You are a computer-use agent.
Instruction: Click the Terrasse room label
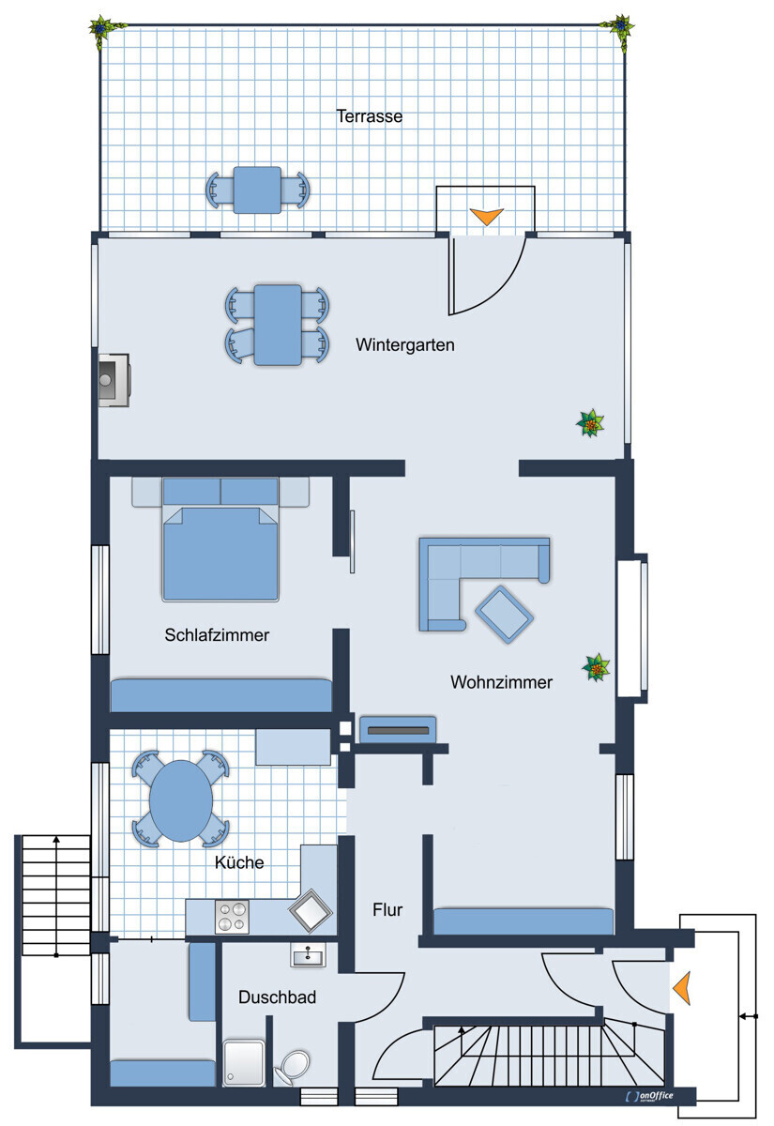(370, 117)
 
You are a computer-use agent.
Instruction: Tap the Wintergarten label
(404, 345)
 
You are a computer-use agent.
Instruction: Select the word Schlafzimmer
(217, 635)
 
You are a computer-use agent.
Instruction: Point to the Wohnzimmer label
(501, 682)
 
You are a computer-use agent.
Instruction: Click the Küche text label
(239, 862)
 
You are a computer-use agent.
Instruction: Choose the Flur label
(387, 909)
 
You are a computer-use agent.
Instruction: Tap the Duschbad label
(277, 997)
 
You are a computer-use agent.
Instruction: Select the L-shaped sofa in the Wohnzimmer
(469, 572)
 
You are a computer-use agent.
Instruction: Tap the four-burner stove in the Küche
(232, 917)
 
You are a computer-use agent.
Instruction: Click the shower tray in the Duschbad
(244, 1061)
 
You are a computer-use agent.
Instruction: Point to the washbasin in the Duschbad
(308, 956)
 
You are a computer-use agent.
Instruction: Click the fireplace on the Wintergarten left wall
(113, 380)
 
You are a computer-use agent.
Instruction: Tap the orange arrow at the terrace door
(486, 217)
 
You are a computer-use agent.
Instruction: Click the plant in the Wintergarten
(590, 424)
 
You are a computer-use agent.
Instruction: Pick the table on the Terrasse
(256, 190)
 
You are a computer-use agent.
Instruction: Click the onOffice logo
(649, 1096)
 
